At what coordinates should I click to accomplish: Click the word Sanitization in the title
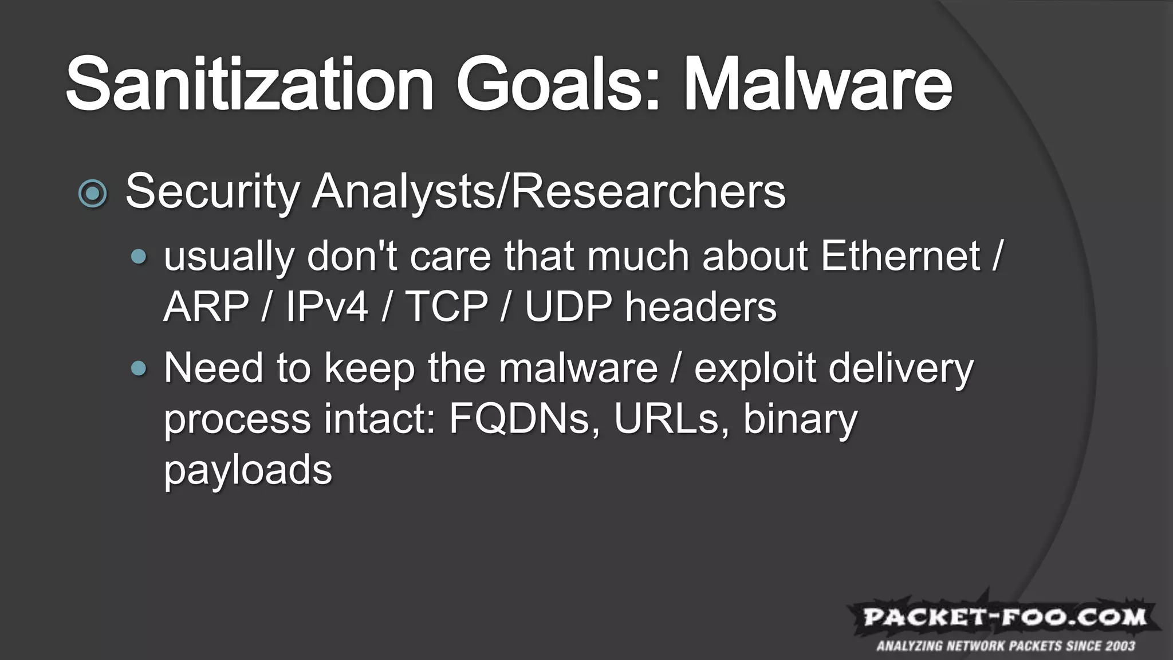[250, 84]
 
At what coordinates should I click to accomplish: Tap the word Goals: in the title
[558, 84]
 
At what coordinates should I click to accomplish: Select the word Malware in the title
[818, 84]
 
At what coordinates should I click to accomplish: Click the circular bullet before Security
[93, 193]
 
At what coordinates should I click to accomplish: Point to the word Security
[212, 192]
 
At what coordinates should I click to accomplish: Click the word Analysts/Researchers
[549, 192]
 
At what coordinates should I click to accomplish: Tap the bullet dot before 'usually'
[139, 257]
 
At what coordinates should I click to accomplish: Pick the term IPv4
[327, 307]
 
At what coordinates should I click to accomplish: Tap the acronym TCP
[446, 307]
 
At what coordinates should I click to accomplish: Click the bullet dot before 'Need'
[139, 368]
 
